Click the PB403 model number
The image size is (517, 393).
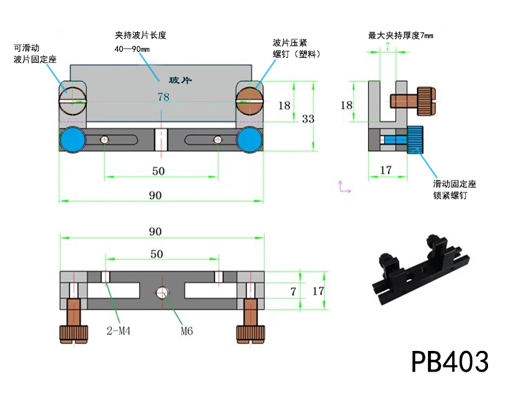[450, 361]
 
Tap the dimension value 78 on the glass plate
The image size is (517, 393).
[163, 97]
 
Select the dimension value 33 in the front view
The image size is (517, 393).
[307, 119]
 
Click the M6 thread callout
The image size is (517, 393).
[186, 330]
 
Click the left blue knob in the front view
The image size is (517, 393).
[72, 140]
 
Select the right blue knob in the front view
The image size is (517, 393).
[249, 140]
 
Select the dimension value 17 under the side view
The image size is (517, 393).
[385, 170]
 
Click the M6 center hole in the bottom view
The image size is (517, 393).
[163, 292]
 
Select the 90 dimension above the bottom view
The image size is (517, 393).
[156, 232]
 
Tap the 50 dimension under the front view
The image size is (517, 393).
[158, 170]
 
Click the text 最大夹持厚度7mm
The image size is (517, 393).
[401, 34]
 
